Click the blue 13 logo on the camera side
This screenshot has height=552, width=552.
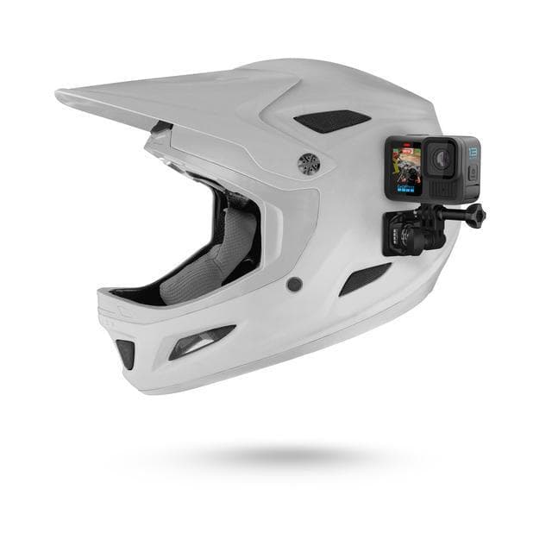coord(471,151)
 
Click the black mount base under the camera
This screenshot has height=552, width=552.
coord(402,234)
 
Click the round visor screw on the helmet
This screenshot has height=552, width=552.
coord(308,161)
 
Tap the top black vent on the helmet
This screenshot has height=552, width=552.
coord(331,121)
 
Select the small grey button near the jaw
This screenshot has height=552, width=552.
coord(294,284)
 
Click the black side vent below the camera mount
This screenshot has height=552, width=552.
coord(364,278)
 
